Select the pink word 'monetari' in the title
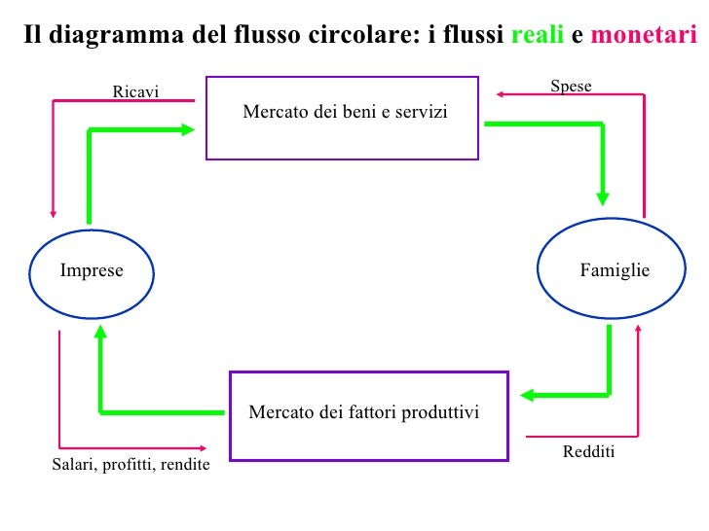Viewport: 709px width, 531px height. pos(644,36)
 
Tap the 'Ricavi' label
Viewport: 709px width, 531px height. pos(135,92)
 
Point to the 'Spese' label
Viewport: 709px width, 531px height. pos(571,87)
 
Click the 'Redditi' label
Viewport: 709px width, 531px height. pos(588,453)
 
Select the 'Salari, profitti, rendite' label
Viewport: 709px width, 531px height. pos(131,465)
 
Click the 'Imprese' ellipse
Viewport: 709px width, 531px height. pos(92,271)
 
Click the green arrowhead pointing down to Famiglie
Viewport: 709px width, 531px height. pos(603,197)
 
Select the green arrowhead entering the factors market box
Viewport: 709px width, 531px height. pos(526,395)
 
